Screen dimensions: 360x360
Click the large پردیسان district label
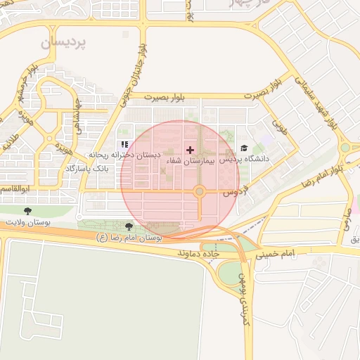(x=63, y=43)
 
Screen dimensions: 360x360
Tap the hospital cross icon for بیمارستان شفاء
(x=190, y=150)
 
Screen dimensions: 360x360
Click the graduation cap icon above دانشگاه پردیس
(x=244, y=148)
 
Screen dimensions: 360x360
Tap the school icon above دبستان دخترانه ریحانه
(x=124, y=144)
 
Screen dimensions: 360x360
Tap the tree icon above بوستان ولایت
(x=27, y=210)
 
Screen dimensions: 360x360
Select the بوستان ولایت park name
(x=25, y=221)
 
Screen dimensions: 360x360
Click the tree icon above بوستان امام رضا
(x=128, y=226)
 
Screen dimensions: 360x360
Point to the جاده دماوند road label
(x=199, y=252)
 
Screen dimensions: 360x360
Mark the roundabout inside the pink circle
(x=200, y=191)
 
